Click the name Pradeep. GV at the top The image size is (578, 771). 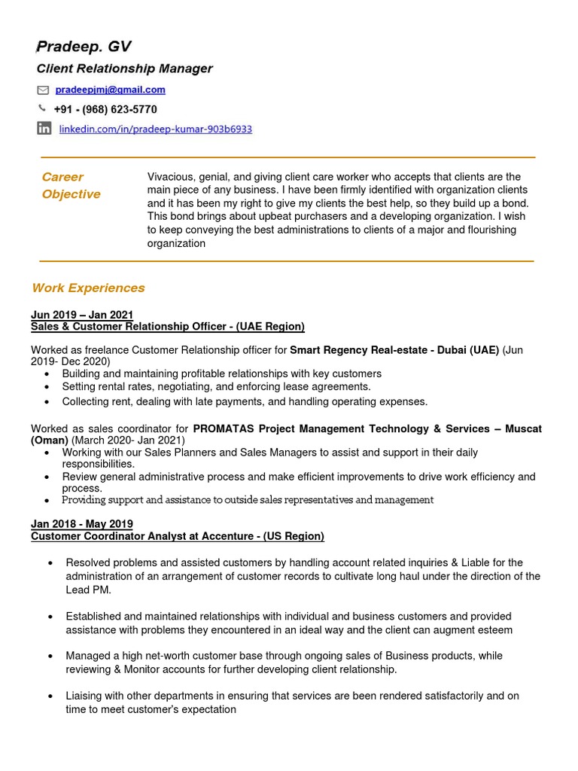pos(84,47)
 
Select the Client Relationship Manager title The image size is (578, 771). pos(125,69)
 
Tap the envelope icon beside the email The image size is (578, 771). pos(43,90)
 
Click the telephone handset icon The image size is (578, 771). pos(42,108)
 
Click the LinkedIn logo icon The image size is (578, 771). pos(44,129)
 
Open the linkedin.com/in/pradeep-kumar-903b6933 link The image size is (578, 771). pos(155,130)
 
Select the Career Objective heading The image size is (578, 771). pos(71,185)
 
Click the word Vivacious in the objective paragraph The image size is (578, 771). pos(171,177)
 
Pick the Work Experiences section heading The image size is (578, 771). pos(88,288)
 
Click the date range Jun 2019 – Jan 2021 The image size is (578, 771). pos(82,315)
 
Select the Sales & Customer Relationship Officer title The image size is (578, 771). pos(167,326)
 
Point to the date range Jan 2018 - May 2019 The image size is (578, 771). pos(82,524)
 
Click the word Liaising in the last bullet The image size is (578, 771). pos(86,696)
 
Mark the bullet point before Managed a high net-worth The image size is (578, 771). pos(50,657)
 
